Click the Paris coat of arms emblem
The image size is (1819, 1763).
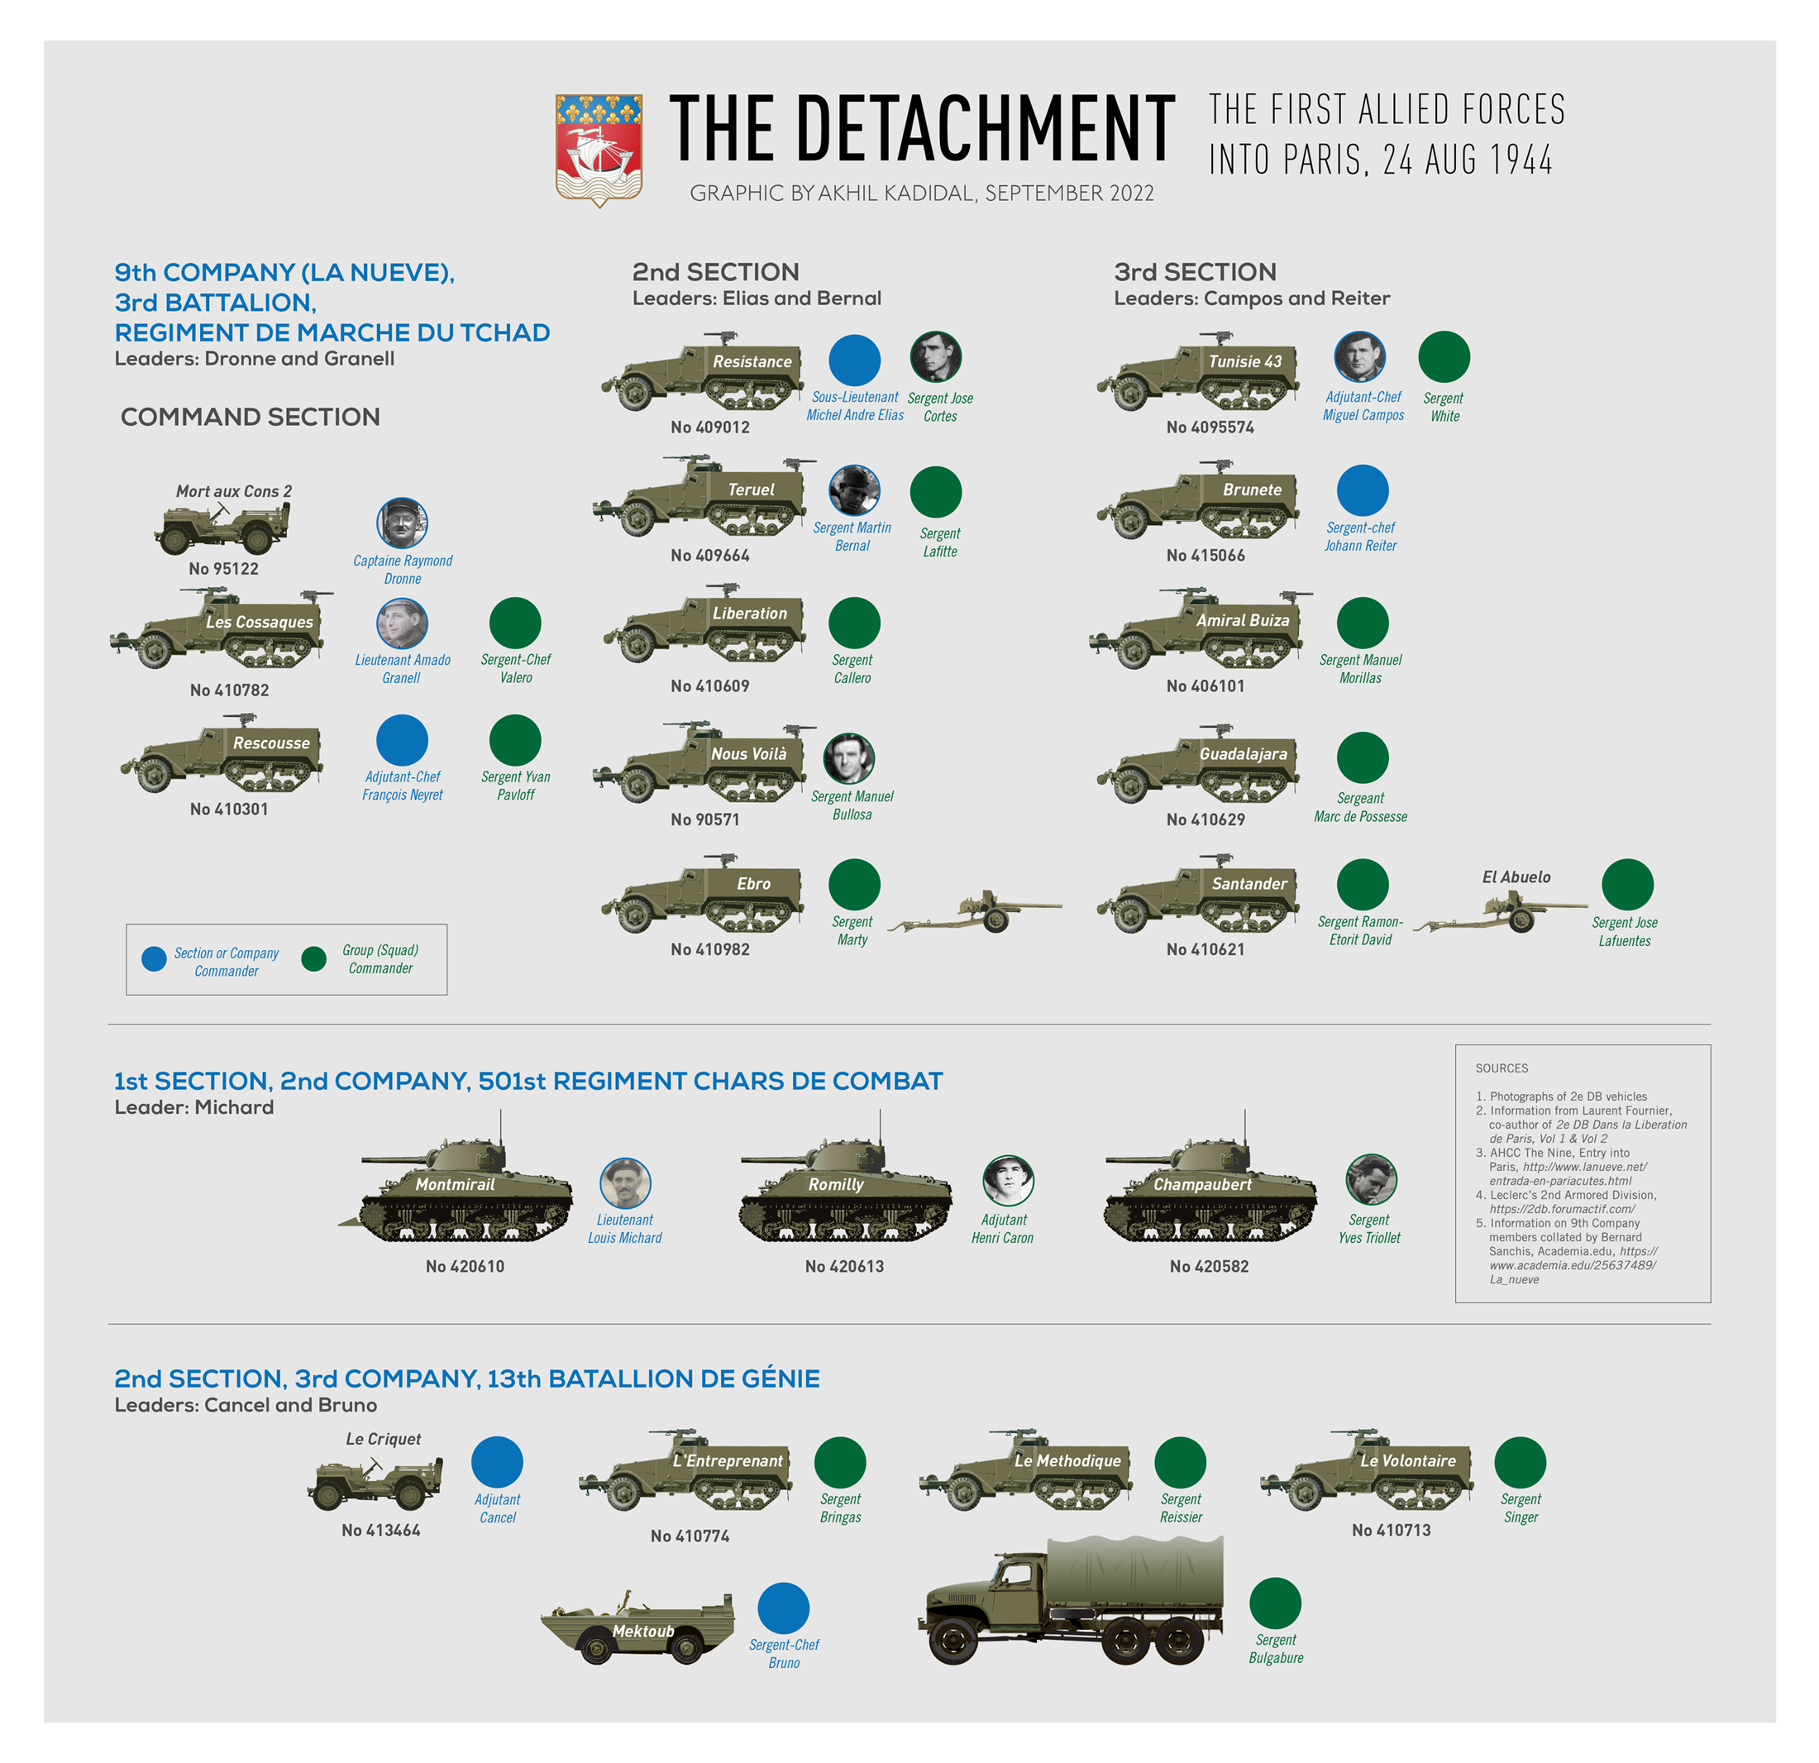point(599,150)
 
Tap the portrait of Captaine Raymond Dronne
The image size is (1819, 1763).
point(402,523)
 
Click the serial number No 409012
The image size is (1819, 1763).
point(710,427)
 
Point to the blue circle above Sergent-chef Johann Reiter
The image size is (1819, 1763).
point(1362,490)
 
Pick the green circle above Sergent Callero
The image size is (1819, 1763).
point(854,622)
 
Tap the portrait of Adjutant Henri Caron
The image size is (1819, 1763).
point(1007,1180)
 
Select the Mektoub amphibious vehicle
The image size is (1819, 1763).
point(637,1627)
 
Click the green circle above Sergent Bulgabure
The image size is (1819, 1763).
point(1275,1603)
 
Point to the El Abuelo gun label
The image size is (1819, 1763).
point(1516,877)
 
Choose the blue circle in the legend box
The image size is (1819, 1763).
point(154,959)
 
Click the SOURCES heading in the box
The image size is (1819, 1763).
point(1501,1068)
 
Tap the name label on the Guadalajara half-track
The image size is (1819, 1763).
point(1243,754)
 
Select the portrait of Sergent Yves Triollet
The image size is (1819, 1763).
point(1371,1180)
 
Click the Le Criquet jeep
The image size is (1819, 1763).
point(376,1483)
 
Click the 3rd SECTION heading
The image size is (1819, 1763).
point(1195,272)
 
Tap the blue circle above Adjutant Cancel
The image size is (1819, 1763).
point(497,1462)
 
